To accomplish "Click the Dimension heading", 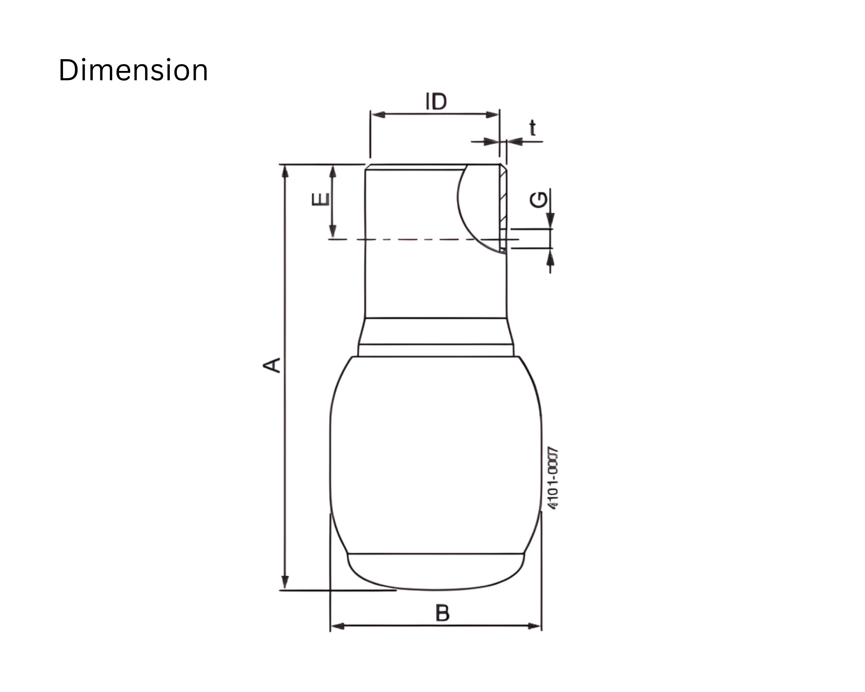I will (x=133, y=70).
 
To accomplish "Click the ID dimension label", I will (x=436, y=101).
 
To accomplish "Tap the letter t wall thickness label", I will (x=532, y=128).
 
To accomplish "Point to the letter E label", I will (x=321, y=199).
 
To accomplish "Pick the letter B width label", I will (x=442, y=613).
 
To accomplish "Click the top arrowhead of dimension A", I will (x=285, y=171).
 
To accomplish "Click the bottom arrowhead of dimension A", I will (x=285, y=582).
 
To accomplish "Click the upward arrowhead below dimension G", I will (x=550, y=259).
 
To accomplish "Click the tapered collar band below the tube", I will (x=436, y=331).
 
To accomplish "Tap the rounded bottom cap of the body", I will (x=436, y=572).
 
